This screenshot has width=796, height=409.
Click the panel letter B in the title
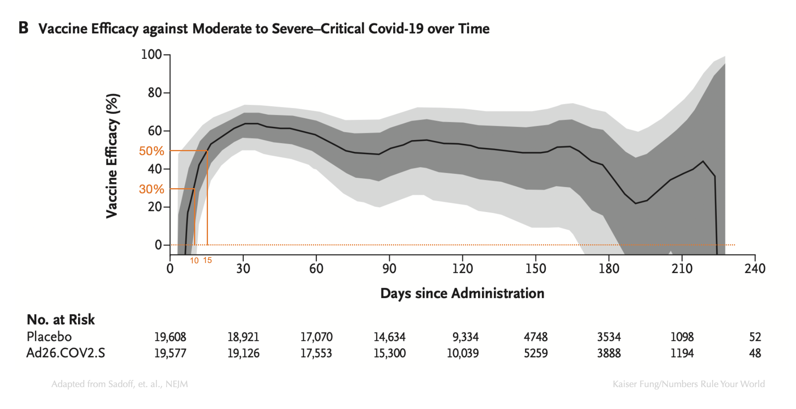click(x=24, y=28)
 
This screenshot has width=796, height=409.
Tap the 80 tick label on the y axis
click(x=155, y=93)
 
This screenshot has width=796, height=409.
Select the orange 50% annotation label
click(x=151, y=151)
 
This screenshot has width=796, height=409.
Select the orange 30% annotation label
click(x=151, y=189)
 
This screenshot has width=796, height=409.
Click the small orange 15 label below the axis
click(x=207, y=260)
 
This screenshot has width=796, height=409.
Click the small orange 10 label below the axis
click(x=194, y=261)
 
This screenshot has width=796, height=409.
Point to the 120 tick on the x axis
click(x=462, y=269)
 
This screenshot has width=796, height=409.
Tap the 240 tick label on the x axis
click(x=755, y=269)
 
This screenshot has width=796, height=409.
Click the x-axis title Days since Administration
click(x=462, y=293)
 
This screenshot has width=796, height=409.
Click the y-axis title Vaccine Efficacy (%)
click(x=112, y=156)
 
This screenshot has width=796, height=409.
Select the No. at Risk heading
click(x=61, y=319)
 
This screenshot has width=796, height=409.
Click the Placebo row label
click(x=49, y=337)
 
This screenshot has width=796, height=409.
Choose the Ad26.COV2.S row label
click(x=66, y=353)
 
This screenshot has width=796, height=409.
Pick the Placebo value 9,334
click(x=465, y=337)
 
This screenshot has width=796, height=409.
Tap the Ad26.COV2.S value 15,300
click(x=389, y=353)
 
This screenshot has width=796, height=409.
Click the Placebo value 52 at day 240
click(x=755, y=337)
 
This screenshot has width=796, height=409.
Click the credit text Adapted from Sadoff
click(x=120, y=384)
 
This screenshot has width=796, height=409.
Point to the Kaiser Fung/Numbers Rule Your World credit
click(x=688, y=384)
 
